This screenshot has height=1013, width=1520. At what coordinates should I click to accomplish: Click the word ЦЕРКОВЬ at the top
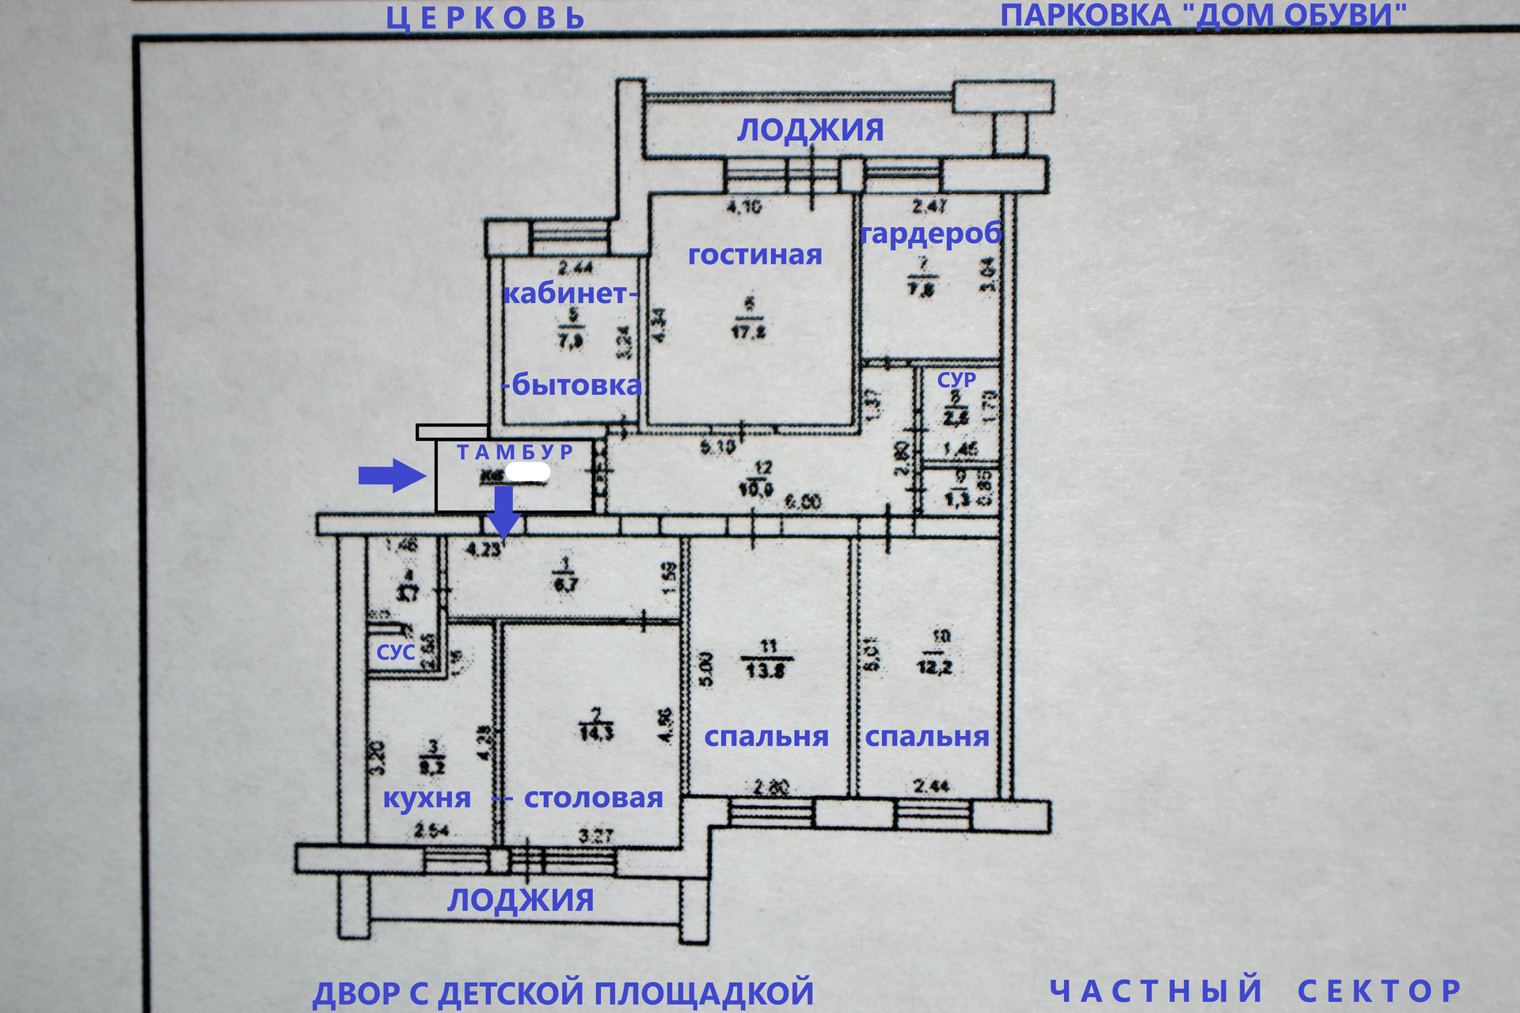click(x=484, y=18)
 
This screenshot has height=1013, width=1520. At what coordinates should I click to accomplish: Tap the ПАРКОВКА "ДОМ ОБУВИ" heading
click(x=1203, y=16)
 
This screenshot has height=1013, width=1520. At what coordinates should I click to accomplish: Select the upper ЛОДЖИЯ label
click(x=810, y=130)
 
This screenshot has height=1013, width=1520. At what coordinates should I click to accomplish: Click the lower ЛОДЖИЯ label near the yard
click(x=520, y=901)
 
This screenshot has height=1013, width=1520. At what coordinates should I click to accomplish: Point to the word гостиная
click(x=754, y=255)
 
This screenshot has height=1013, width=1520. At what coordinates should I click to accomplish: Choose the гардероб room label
click(x=931, y=233)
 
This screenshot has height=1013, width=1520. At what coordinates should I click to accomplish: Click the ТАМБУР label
click(x=515, y=452)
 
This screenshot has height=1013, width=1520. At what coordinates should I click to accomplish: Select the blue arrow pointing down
click(x=503, y=510)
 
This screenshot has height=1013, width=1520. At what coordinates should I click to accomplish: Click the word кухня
click(x=427, y=799)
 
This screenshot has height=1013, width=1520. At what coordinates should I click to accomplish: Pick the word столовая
click(x=593, y=799)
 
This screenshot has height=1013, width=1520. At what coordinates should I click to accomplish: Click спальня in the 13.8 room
click(x=766, y=737)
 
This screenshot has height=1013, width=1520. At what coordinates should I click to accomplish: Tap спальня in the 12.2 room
click(x=926, y=737)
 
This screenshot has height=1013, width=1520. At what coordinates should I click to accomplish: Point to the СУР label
click(x=956, y=380)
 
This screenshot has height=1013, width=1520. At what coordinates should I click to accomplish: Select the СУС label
click(x=396, y=652)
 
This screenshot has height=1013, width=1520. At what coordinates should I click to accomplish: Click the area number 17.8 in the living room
click(x=748, y=331)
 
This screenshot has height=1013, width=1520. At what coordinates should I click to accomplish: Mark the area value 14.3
click(x=596, y=732)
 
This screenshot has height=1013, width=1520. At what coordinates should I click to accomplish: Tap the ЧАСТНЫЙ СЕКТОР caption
click(x=1255, y=990)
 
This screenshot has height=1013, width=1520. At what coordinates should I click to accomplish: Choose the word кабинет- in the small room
click(x=570, y=294)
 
